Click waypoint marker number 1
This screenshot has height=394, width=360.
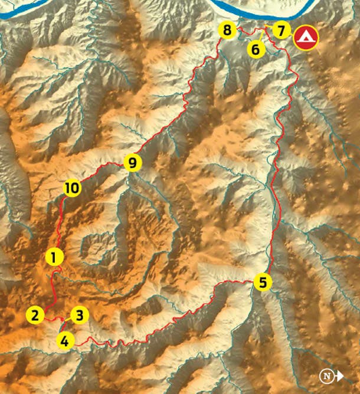click(x=54, y=257)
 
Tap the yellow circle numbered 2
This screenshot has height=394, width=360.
click(x=35, y=315)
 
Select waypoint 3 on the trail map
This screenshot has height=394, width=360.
click(x=80, y=315)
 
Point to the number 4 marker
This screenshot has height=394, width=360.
click(x=66, y=340)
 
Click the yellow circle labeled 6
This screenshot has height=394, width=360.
click(x=256, y=49)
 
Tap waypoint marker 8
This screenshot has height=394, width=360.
click(x=227, y=30)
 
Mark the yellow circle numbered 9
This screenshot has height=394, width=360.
click(x=132, y=163)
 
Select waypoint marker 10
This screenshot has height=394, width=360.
click(x=71, y=188)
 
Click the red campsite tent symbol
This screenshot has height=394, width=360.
click(x=306, y=38)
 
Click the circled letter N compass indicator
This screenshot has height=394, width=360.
click(x=325, y=376)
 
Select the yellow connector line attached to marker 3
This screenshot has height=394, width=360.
click(x=69, y=322)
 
